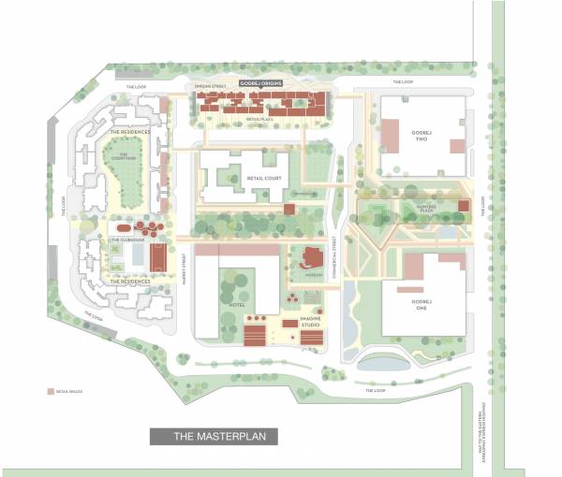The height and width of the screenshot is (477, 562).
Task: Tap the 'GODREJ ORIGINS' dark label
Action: tap(261, 83)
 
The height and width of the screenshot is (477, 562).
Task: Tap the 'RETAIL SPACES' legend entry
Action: tap(65, 392)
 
